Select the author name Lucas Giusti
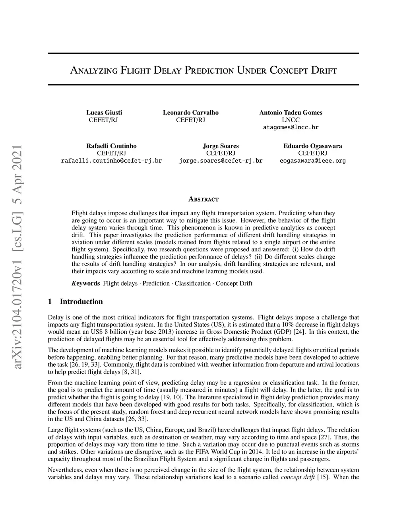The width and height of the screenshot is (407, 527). click(x=104, y=113)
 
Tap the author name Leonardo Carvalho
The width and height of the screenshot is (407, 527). click(x=191, y=113)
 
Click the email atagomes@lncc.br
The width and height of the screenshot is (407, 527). click(x=291, y=128)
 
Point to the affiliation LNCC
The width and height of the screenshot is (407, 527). click(x=291, y=120)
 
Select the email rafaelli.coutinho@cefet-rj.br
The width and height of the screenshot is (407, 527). click(x=111, y=161)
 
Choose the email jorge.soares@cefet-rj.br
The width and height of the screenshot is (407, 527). click(x=221, y=161)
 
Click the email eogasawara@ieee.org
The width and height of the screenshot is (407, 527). click(x=313, y=161)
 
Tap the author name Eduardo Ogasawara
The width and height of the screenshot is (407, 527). click(x=313, y=146)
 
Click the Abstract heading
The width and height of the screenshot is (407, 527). click(x=203, y=199)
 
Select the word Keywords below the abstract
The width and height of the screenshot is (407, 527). click(x=86, y=283)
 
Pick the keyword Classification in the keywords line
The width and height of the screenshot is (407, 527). click(x=192, y=283)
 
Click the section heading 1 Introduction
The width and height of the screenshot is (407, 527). click(x=75, y=301)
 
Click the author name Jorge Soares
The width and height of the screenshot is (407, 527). click(x=221, y=146)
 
